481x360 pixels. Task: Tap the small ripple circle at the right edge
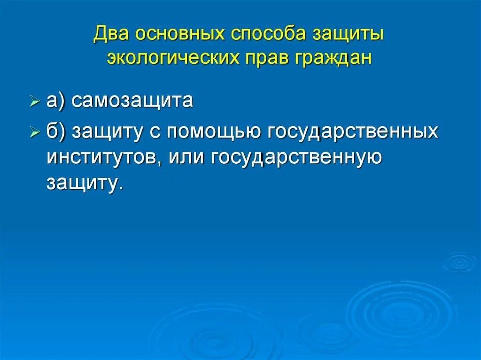point(459,262)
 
